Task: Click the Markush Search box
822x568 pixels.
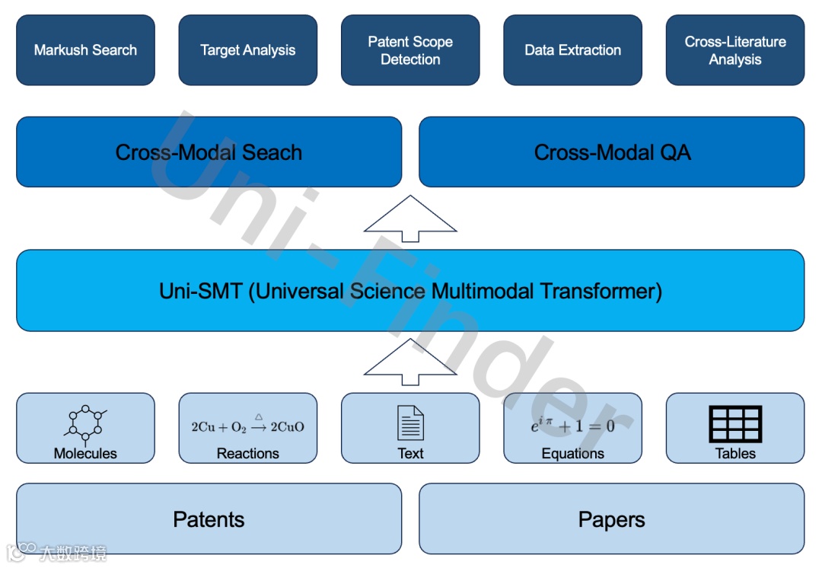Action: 85,50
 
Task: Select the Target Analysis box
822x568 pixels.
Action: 247,50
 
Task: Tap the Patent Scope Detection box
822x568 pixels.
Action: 410,50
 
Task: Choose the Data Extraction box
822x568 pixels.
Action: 572,50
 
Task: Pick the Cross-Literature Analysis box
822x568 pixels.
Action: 734,50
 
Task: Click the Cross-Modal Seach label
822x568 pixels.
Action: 209,152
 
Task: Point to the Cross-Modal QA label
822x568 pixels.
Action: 612,152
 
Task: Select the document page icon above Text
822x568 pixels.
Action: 410,423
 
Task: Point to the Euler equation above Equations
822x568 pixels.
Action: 572,425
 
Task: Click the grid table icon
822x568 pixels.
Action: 734,423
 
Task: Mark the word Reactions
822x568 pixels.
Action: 247,454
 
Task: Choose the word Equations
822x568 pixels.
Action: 572,454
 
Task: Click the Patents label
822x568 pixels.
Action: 209,519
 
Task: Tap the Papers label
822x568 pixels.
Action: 612,519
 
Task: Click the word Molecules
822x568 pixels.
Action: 85,454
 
